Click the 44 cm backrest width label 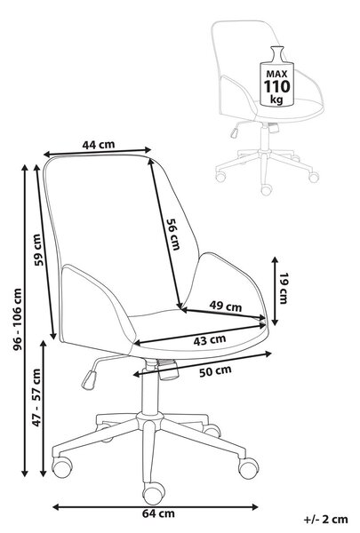99,145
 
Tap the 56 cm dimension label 172,235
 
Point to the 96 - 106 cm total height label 17,319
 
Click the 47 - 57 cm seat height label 36,397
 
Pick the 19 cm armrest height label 283,288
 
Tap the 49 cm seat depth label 225,306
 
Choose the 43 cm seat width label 210,340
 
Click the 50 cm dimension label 215,370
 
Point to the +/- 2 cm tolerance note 325,520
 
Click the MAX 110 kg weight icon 276,76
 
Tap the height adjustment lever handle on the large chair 89,380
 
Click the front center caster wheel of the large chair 154,493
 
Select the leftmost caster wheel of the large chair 62,467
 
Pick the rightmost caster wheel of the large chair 248,468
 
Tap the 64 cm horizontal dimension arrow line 156,507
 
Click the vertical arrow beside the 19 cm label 275,291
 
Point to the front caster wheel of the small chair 266,189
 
